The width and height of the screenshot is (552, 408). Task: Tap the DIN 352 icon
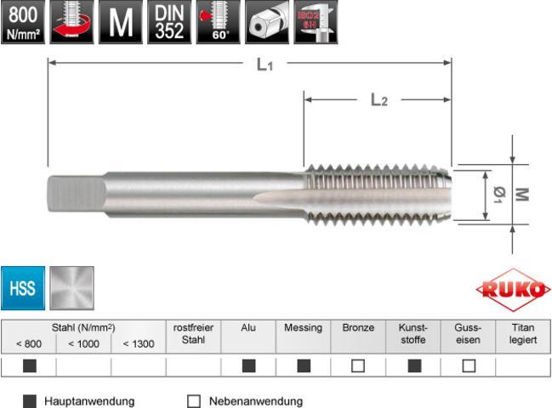168,21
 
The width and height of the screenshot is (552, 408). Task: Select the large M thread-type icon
120,21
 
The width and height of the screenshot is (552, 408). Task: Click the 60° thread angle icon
217,21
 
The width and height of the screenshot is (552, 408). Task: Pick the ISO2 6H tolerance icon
316,21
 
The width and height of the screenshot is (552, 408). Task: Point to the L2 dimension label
378,100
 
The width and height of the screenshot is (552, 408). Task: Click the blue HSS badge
22,288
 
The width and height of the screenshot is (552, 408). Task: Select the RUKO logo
513,290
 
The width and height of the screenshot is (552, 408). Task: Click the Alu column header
248,327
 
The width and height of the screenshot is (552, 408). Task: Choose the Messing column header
303,327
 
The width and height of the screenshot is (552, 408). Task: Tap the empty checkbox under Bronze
358,366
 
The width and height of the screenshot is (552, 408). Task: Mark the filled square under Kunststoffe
413,366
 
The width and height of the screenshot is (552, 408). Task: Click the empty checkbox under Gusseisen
468,366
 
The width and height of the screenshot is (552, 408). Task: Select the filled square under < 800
28,366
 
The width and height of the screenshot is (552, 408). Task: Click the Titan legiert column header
523,333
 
